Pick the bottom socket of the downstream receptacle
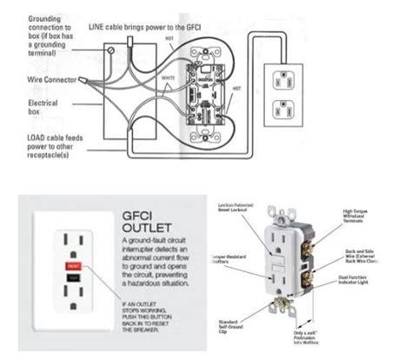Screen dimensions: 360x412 [282, 111]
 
